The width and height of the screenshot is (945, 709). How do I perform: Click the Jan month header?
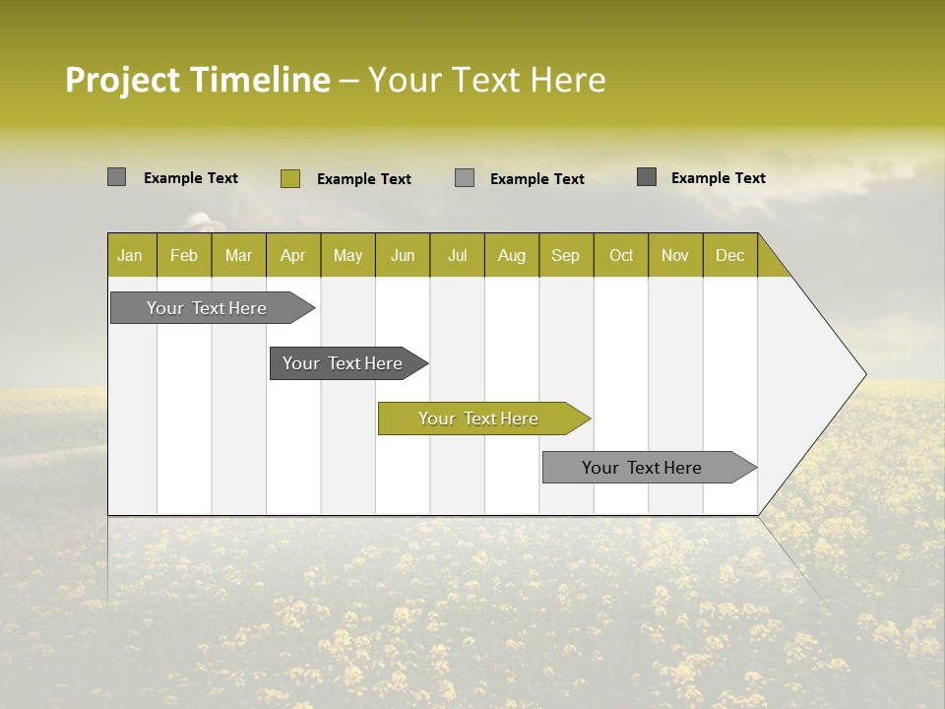pyautogui.click(x=131, y=255)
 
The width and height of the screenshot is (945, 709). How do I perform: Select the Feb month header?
pyautogui.click(x=184, y=255)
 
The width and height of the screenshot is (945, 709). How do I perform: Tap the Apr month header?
pyautogui.click(x=293, y=255)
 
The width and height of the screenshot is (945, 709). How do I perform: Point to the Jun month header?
pyautogui.click(x=403, y=255)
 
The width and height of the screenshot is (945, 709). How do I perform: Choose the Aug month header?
pyautogui.click(x=512, y=255)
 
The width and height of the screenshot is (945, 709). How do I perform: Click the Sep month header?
pyautogui.click(x=566, y=255)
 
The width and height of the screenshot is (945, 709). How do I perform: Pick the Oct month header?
pyautogui.click(x=621, y=255)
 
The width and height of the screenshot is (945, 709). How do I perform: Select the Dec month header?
pyautogui.click(x=730, y=255)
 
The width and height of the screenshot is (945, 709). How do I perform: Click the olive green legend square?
pyautogui.click(x=290, y=178)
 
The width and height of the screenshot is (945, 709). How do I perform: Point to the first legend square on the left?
pyautogui.click(x=117, y=177)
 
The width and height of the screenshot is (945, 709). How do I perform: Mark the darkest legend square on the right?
pyautogui.click(x=647, y=177)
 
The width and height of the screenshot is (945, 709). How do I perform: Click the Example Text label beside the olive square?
pyautogui.click(x=364, y=179)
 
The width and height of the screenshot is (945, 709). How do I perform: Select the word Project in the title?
pyautogui.click(x=123, y=80)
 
